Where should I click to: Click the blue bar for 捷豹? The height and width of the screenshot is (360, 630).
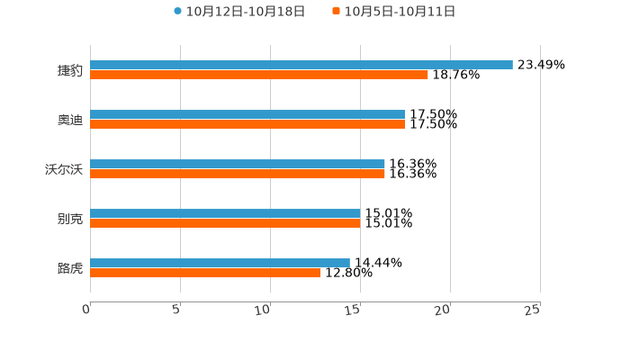(301, 66)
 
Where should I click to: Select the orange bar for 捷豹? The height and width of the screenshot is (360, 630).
(259, 76)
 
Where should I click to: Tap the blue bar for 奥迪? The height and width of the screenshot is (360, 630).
(247, 115)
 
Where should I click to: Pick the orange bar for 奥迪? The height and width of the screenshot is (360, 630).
(247, 125)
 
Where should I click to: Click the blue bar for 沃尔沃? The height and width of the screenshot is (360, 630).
(238, 165)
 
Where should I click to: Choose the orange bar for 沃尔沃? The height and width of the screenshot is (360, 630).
(238, 175)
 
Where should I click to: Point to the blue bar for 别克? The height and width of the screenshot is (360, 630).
(225, 214)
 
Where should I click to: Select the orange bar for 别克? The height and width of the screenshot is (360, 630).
(225, 224)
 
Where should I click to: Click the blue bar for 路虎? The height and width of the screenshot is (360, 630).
(220, 264)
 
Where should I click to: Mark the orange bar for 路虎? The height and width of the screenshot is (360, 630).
(205, 274)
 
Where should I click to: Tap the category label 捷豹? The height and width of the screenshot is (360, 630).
(70, 70)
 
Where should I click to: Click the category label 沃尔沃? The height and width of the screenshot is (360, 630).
(64, 169)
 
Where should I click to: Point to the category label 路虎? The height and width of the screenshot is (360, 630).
(70, 268)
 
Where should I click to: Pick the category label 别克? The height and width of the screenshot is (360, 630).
(70, 219)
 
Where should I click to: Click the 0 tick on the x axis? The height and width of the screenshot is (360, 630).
(87, 310)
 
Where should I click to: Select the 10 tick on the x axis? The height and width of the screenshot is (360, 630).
(264, 310)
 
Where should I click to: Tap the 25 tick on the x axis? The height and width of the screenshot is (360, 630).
(533, 310)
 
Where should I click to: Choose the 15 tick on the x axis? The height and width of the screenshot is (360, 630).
(354, 310)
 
